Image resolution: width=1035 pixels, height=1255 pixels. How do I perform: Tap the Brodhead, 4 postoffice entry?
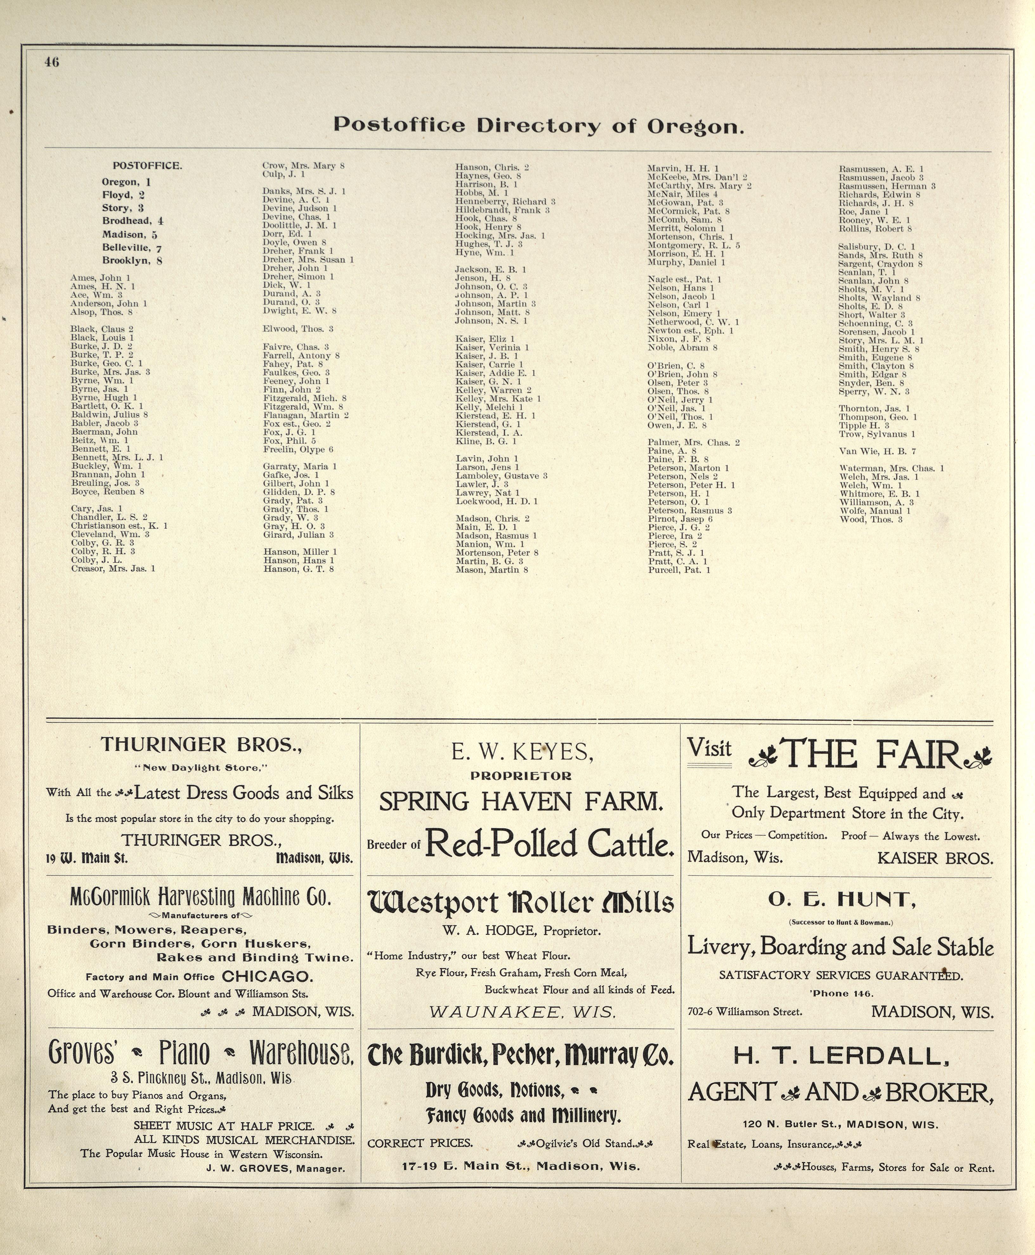tap(132, 221)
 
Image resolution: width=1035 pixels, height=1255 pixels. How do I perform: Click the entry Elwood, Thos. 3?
tap(297, 329)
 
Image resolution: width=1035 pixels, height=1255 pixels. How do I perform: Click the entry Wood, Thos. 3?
tap(870, 520)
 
